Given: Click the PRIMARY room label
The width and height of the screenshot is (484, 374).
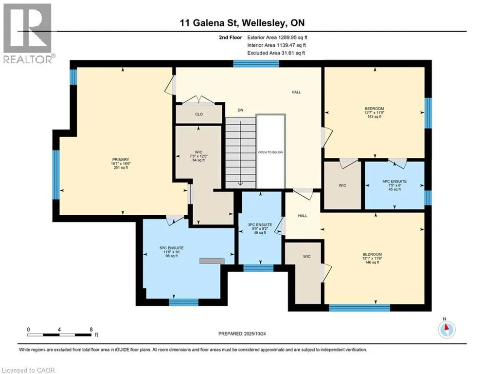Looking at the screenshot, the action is click(x=120, y=160).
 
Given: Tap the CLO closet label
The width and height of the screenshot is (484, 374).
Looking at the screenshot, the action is click(x=199, y=114).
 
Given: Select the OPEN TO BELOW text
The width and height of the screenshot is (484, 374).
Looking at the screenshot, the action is click(x=270, y=152).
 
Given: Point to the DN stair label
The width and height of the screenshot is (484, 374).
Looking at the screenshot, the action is click(x=240, y=110).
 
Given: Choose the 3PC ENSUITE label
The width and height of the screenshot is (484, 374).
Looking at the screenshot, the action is click(x=260, y=224).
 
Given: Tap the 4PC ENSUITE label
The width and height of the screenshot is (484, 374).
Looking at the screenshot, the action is click(x=394, y=182).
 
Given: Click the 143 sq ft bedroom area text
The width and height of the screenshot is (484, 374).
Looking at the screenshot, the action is click(x=374, y=116).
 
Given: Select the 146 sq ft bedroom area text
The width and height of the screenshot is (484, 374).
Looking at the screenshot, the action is click(x=372, y=262).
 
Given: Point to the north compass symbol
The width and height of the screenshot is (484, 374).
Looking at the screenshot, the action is click(x=447, y=330).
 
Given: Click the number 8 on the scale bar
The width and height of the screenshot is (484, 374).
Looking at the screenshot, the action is click(x=91, y=330).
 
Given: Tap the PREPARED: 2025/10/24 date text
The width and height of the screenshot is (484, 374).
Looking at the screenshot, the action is click(x=242, y=334).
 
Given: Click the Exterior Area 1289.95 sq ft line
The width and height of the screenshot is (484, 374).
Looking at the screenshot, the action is click(x=277, y=37).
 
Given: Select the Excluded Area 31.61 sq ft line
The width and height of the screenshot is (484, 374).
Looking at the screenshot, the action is click(x=276, y=53).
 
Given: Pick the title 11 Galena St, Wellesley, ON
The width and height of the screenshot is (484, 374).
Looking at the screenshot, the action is click(x=242, y=23).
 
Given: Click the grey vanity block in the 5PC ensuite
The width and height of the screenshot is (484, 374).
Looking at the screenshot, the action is click(x=212, y=261).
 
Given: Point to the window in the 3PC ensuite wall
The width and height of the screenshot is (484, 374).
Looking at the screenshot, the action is click(x=258, y=268).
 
